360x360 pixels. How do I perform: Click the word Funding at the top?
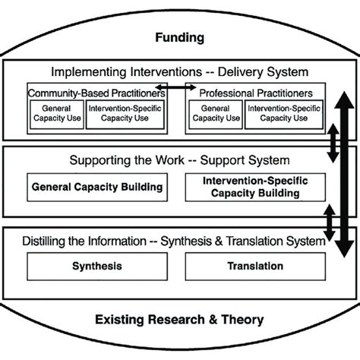click(179, 37)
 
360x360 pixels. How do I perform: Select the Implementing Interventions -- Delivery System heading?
click(179, 72)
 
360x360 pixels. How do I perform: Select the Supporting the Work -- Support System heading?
click(180, 160)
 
